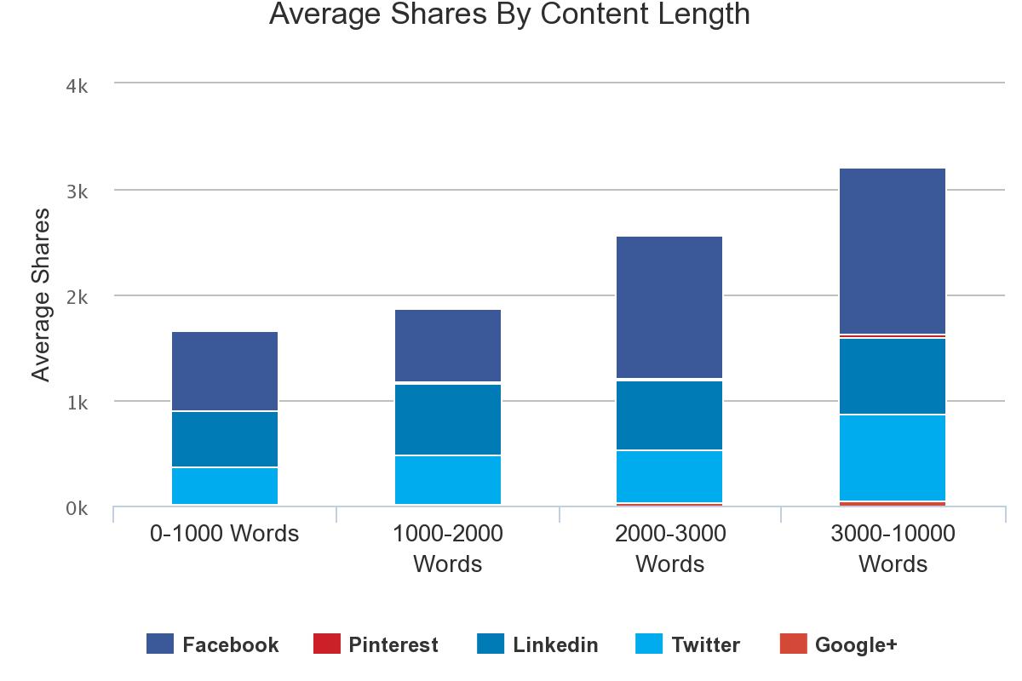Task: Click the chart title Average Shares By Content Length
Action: coord(509,14)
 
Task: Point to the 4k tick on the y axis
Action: coord(78,87)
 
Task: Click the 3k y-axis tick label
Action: coord(78,192)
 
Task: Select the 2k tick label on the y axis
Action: coord(78,298)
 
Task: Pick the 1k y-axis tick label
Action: coord(78,403)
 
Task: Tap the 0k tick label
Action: coord(78,509)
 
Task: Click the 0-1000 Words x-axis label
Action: coord(225,534)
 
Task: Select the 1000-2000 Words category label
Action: coord(447,548)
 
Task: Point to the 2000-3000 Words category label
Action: coord(670,548)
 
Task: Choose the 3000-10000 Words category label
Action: coord(893,548)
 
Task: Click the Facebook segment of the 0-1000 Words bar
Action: coord(225,371)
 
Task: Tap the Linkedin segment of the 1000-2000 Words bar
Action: coord(447,420)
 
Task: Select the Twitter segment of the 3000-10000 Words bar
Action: coord(893,457)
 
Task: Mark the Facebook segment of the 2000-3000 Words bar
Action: coord(670,306)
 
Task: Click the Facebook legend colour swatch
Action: coord(160,644)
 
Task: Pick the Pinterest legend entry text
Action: coord(393,644)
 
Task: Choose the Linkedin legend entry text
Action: coord(555,644)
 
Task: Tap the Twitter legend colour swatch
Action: coord(649,644)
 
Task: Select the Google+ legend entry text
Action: coord(856,644)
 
